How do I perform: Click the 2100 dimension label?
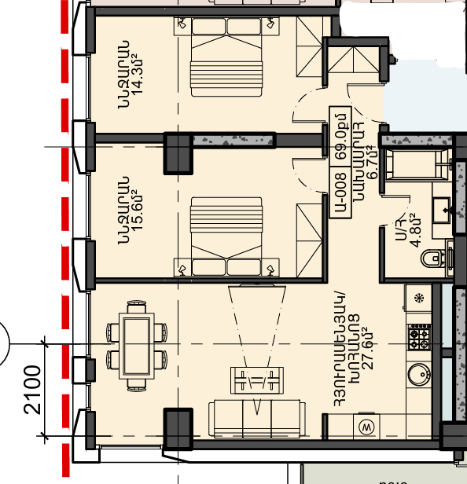[x=32, y=390]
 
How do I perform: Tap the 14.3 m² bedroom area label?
[x=136, y=74]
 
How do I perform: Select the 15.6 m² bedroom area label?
[x=136, y=211]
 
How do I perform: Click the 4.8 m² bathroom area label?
[x=416, y=230]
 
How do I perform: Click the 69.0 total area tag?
[x=340, y=137]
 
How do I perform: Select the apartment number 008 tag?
[x=340, y=192]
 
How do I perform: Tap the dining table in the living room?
[x=137, y=346]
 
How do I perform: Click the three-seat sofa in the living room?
[x=257, y=419]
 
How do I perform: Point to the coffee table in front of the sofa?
[x=257, y=380]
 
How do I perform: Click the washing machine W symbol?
[x=366, y=427]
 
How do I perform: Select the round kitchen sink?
[x=419, y=374]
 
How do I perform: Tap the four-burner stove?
[x=419, y=337]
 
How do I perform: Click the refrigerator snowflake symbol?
[x=419, y=299]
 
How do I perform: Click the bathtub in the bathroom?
[x=416, y=164]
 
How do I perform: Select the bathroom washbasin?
[x=441, y=211]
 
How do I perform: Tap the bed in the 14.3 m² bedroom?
[x=226, y=57]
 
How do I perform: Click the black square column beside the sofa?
[x=178, y=429]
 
